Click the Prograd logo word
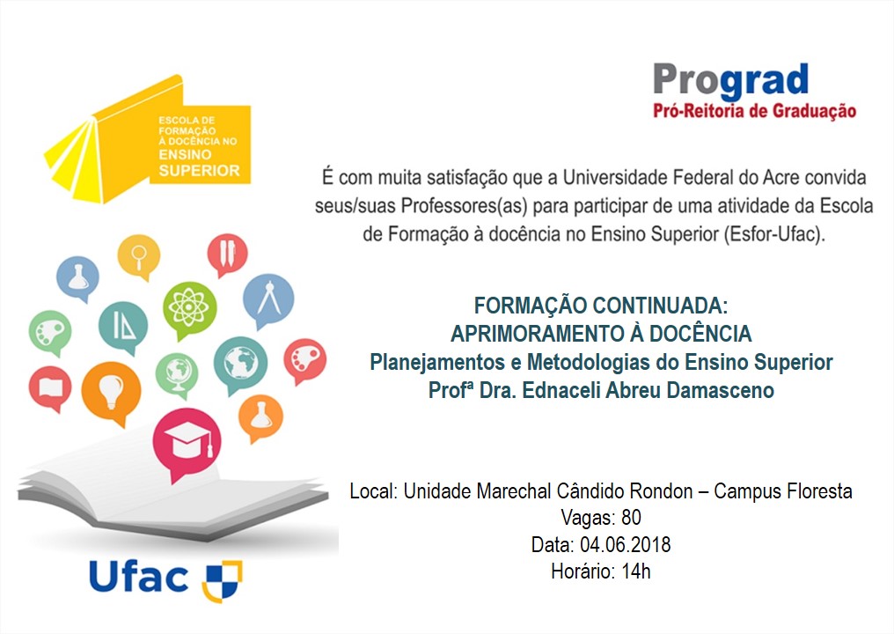730,80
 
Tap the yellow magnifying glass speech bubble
139,254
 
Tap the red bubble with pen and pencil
227,253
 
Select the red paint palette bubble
305,359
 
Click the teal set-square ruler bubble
123,327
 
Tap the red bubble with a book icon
49,387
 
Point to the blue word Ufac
139,578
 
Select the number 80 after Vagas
631,517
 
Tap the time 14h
635,571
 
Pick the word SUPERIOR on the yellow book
199,170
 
